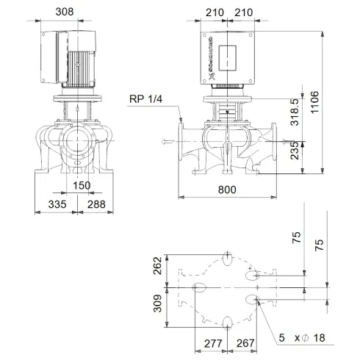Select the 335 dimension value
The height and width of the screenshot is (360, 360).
coord(56,204)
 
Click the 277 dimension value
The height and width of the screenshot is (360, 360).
coord(213,343)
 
